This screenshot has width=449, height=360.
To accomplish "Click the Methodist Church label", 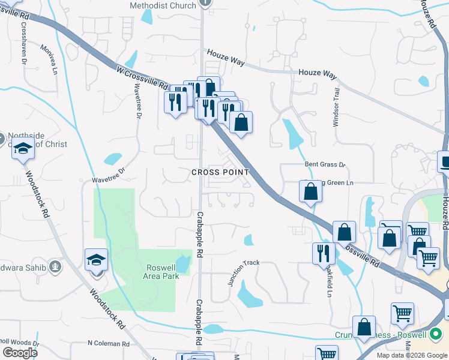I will coord(163,5).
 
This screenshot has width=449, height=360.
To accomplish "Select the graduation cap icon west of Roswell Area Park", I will coord(97,260).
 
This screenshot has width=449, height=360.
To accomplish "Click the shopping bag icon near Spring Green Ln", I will coord(311,192).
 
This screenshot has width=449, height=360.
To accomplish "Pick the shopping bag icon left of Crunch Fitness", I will coord(364,327).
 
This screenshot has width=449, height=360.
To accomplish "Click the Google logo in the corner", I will coord(20,353).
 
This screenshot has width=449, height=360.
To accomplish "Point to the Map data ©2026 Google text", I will coord(412,355).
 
